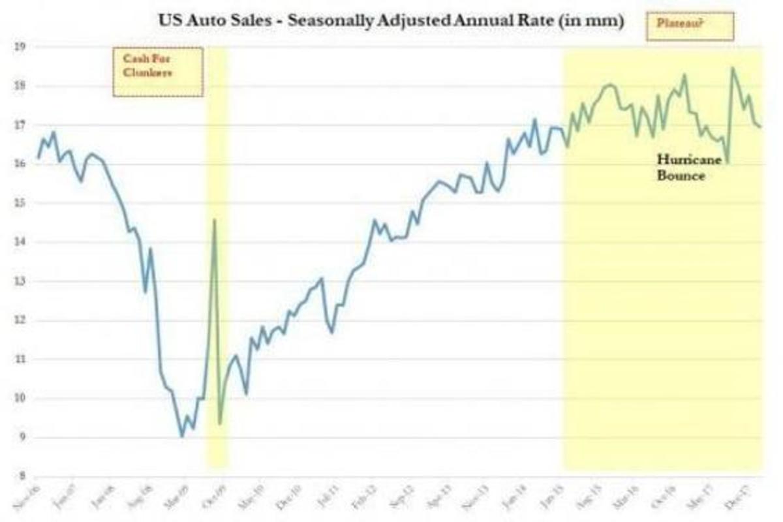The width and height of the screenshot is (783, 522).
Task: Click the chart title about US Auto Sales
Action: pyautogui.click(x=391, y=20)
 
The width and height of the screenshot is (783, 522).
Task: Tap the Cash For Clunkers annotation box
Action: pyautogui.click(x=158, y=72)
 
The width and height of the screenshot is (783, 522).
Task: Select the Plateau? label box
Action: pyautogui.click(x=690, y=26)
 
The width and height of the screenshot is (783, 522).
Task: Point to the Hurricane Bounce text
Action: pyautogui.click(x=681, y=167)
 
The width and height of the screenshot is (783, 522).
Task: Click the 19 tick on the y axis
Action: pyautogui.click(x=20, y=46)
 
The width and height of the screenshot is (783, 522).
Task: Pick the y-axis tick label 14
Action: pyautogui.click(x=20, y=242)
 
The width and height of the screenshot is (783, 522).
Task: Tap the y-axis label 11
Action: pyautogui.click(x=20, y=360)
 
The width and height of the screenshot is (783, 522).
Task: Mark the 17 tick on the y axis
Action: pyautogui.click(x=20, y=125)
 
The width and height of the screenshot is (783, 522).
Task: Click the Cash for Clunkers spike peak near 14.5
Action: pyautogui.click(x=215, y=220)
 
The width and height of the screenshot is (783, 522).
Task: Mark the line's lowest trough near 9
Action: pyautogui.click(x=182, y=437)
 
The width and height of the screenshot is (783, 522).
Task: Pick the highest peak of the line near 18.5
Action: pyautogui.click(x=732, y=68)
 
